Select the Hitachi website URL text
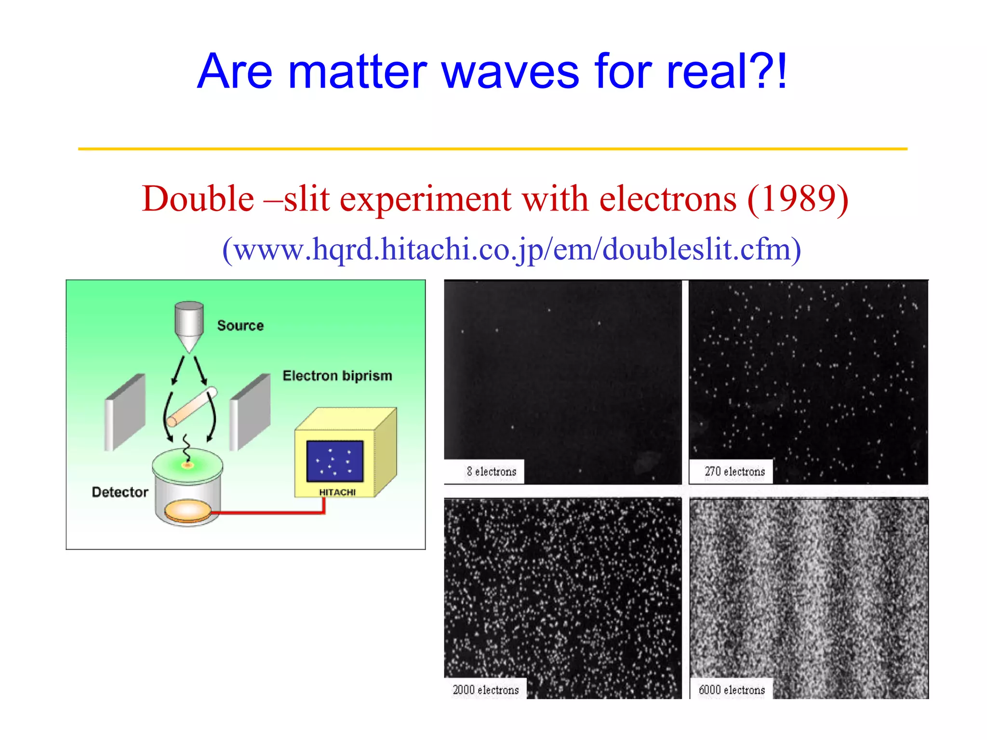click(x=511, y=250)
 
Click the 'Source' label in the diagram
click(x=240, y=326)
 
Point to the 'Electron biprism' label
click(x=337, y=376)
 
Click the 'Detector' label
click(x=120, y=492)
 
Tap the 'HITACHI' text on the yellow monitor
click(x=337, y=492)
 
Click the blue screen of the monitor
click(x=334, y=461)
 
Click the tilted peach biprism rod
click(x=192, y=407)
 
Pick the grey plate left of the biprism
click(x=125, y=412)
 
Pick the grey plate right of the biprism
click(x=250, y=412)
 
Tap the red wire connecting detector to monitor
click(x=270, y=513)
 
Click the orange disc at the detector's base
click(x=187, y=512)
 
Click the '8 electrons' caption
click(x=491, y=472)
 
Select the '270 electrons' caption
click(x=734, y=472)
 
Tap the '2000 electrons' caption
click(x=485, y=690)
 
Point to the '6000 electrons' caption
click(x=732, y=690)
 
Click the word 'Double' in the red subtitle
click(x=198, y=199)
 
